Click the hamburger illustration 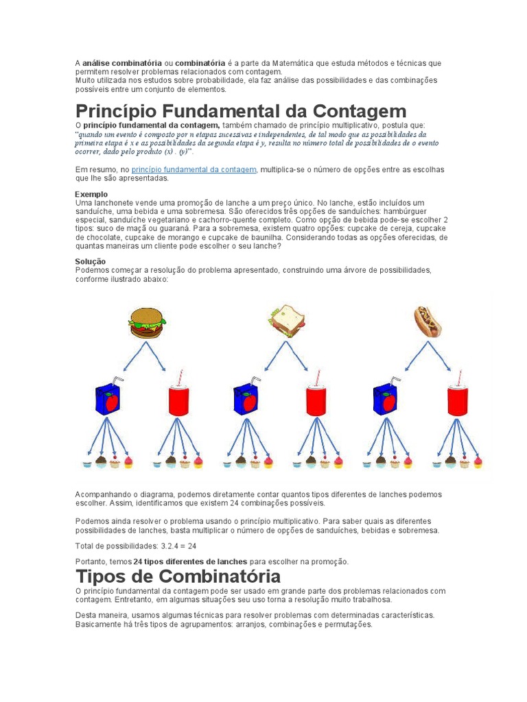coord(147,323)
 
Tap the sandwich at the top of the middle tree coord(288,321)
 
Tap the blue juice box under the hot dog coord(386,396)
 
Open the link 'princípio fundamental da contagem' coord(194,170)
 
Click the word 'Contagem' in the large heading coord(360,111)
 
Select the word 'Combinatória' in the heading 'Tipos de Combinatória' coord(220,576)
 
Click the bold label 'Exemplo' coord(91,194)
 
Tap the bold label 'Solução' coord(91,261)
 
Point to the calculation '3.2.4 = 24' coord(178,546)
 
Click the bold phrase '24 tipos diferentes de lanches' coord(190,561)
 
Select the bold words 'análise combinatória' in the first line coord(122,63)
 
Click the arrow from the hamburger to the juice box coord(134,356)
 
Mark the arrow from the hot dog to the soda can coord(439,356)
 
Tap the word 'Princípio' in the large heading coord(116,112)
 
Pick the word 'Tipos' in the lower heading coord(99,577)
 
